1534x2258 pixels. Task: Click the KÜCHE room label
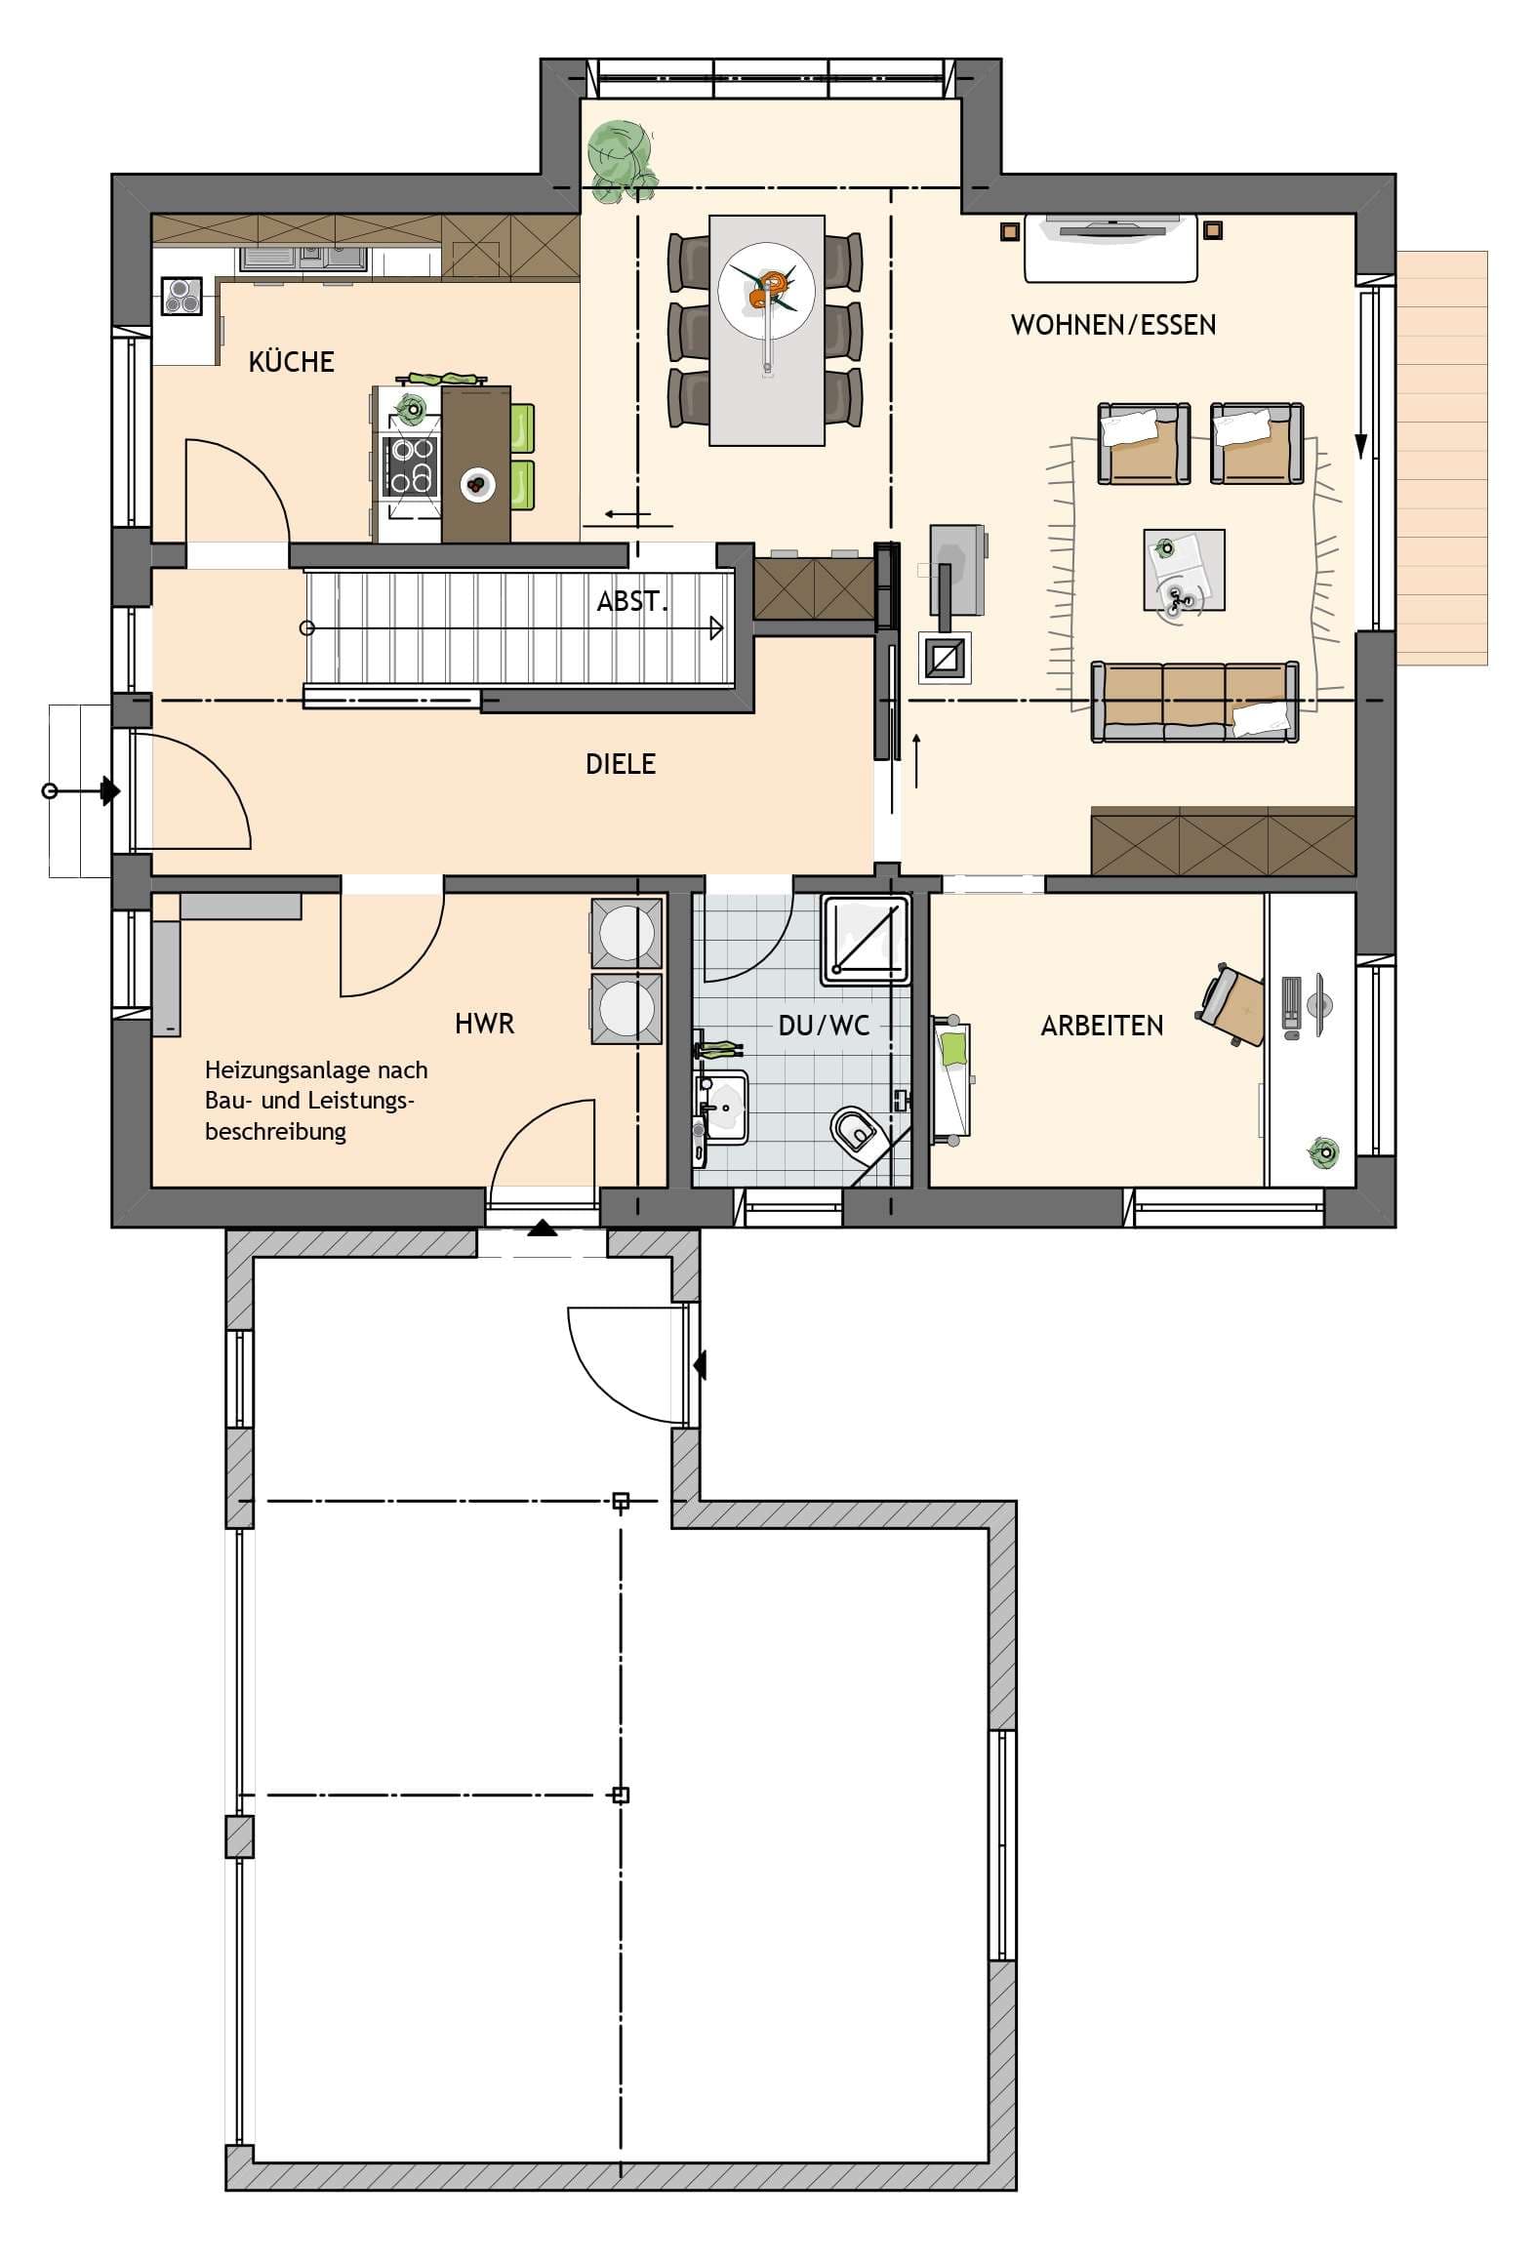coord(291,362)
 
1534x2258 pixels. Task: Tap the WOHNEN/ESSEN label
coord(1112,325)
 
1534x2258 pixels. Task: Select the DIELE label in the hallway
coord(620,764)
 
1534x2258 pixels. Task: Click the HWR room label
coord(484,1024)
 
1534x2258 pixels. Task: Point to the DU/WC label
coord(824,1026)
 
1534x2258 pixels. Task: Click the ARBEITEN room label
coord(1102,1026)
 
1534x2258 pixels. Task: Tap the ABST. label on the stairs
coord(631,602)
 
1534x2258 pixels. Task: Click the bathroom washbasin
coord(722,1108)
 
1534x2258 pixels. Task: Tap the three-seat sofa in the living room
coord(1194,702)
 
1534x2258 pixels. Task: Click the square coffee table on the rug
coord(1183,570)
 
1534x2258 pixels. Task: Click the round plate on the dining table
coord(766,290)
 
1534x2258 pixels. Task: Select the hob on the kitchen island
coord(412,465)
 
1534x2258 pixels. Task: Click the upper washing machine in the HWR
coord(626,933)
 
